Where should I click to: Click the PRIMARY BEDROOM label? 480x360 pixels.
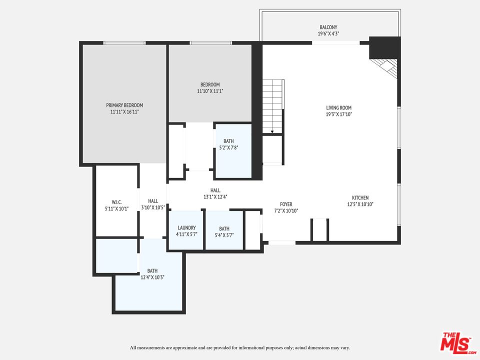[x=124, y=105]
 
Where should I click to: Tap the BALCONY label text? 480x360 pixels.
[x=328, y=27]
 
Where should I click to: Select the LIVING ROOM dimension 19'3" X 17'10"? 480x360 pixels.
[x=339, y=114]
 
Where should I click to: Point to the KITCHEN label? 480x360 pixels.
[x=360, y=198]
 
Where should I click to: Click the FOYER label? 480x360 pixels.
[x=286, y=204]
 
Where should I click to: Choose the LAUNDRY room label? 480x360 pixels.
[x=186, y=228]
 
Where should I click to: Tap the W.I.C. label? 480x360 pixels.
[x=116, y=202]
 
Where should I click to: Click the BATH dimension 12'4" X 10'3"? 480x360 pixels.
[x=152, y=277]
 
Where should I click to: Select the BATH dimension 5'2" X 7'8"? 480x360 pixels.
[x=228, y=147]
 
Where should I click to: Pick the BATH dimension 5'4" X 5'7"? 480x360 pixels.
[x=224, y=235]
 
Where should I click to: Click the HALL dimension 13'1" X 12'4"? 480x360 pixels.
[x=215, y=197]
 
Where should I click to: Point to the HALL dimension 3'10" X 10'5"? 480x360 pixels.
[x=153, y=207]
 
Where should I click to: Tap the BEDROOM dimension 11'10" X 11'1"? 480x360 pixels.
[x=210, y=91]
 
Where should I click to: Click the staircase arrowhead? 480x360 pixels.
[x=272, y=132]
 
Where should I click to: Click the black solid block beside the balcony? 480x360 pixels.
[x=385, y=48]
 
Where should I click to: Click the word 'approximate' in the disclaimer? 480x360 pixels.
[x=185, y=348]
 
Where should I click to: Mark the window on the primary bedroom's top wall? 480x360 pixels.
[x=124, y=43]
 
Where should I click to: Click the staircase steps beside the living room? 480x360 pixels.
[x=273, y=106]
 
